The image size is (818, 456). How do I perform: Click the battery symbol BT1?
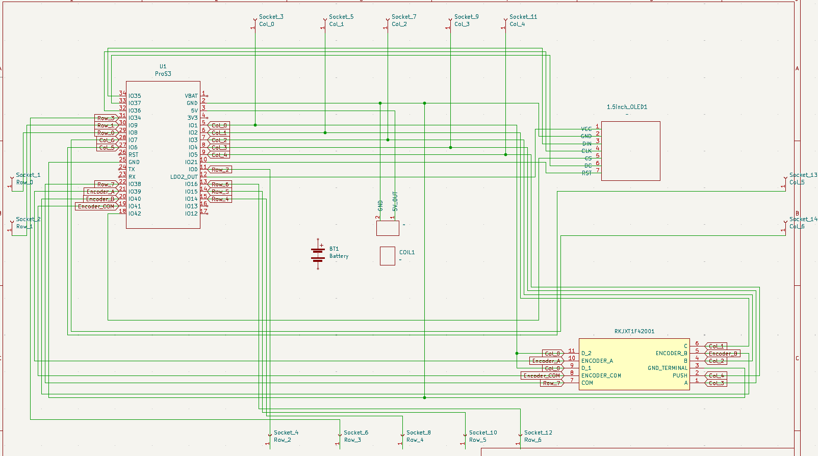(318, 254)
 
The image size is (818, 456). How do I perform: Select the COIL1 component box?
(388, 256)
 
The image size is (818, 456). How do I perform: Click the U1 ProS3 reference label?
(163, 70)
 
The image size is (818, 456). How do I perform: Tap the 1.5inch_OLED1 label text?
(627, 107)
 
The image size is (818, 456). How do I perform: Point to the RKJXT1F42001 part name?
(634, 331)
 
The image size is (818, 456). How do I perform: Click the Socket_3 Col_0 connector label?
(271, 20)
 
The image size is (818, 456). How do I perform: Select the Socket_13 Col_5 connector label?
(802, 178)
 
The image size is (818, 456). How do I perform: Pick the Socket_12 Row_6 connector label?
(538, 436)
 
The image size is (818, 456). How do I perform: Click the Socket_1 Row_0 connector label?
(28, 178)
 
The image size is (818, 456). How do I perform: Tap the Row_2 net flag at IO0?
(220, 170)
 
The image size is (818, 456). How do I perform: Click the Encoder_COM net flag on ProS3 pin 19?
(96, 206)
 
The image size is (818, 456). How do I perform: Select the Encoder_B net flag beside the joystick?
(722, 354)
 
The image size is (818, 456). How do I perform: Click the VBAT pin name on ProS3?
(191, 96)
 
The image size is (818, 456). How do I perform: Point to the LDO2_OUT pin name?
(184, 177)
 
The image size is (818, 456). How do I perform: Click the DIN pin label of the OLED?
(586, 144)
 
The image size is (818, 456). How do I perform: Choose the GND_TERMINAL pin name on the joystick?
(667, 368)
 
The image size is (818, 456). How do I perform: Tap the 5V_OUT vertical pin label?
(395, 201)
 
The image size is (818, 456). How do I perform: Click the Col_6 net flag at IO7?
(107, 140)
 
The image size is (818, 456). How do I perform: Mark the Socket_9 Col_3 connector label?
(466, 20)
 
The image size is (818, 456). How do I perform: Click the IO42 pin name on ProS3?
(135, 213)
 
